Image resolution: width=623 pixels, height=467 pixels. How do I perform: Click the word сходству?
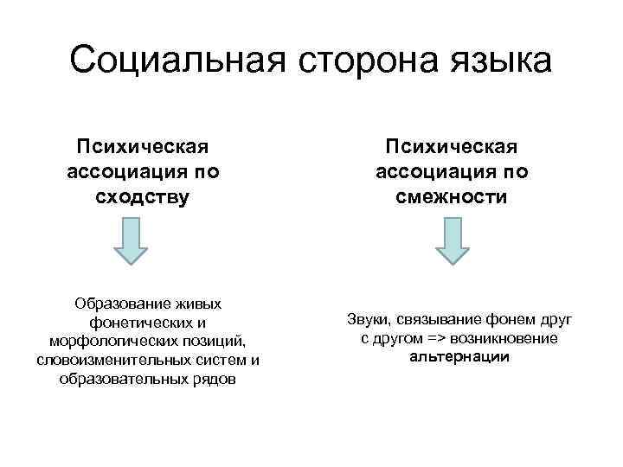pos(142,197)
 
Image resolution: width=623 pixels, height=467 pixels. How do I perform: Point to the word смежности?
pos(452,197)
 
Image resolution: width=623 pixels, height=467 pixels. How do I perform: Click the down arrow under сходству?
pos(131,241)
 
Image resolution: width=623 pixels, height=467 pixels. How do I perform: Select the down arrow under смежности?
pos(453,241)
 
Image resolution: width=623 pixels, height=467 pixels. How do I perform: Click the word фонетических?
pos(135,322)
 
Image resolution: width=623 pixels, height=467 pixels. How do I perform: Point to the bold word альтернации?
pos(459,357)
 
